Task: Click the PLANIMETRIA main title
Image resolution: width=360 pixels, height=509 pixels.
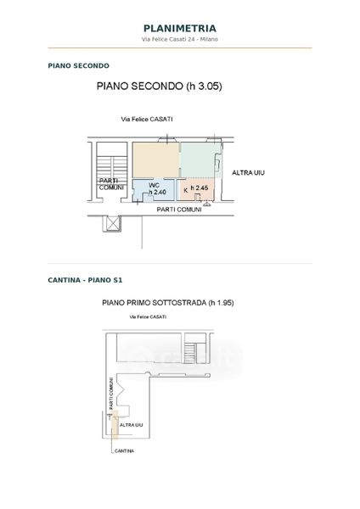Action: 180,29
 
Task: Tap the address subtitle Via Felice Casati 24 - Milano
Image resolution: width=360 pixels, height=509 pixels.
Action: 180,39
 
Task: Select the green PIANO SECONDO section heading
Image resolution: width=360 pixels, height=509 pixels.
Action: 79,65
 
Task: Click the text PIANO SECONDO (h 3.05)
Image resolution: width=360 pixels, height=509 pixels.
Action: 160,87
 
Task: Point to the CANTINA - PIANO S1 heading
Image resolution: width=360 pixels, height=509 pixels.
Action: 85,280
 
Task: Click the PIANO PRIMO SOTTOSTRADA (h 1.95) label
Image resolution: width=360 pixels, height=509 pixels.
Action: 168,303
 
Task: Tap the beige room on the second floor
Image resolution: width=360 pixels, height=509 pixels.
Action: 156,160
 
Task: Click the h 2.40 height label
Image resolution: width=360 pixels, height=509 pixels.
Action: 157,193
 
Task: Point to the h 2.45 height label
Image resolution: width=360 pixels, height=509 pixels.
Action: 200,188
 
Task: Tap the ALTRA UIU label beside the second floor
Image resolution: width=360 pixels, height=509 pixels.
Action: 248,173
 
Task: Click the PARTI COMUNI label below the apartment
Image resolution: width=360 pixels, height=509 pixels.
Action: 179,210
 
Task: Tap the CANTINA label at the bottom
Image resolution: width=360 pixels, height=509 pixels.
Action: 125,451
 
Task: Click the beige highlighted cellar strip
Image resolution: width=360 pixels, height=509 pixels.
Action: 115,424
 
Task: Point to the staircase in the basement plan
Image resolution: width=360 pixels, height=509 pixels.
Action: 189,353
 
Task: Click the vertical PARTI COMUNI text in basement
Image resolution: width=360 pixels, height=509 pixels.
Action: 111,393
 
